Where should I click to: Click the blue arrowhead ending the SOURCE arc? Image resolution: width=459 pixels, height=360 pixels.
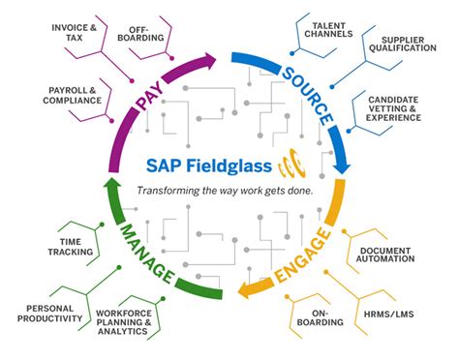[340, 165]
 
